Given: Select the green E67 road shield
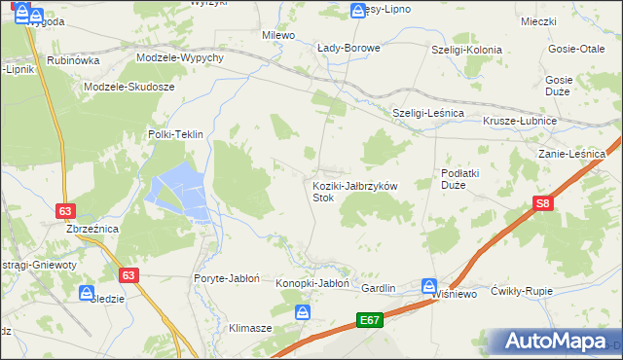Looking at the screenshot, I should [x=369, y=319].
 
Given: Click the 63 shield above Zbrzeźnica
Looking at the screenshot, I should [x=66, y=210].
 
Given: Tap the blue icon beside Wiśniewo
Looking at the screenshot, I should [x=429, y=286].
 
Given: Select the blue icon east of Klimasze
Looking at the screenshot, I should [x=303, y=312].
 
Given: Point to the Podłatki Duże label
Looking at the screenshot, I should [x=459, y=178].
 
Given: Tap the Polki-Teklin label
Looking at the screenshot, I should [x=174, y=135].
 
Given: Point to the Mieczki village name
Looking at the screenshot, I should [x=537, y=21].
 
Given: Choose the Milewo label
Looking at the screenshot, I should [x=278, y=35].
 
